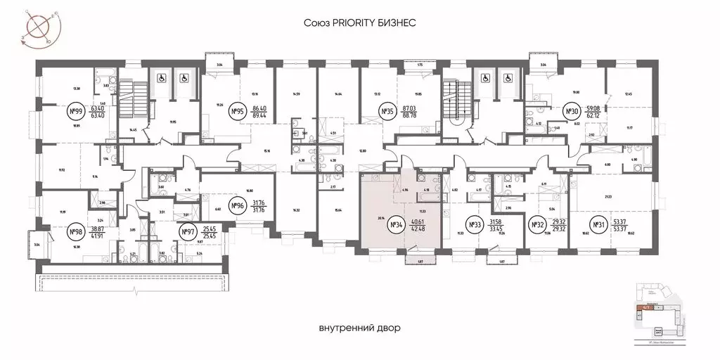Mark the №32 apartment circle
pos(538,225)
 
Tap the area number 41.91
pos(100,235)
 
